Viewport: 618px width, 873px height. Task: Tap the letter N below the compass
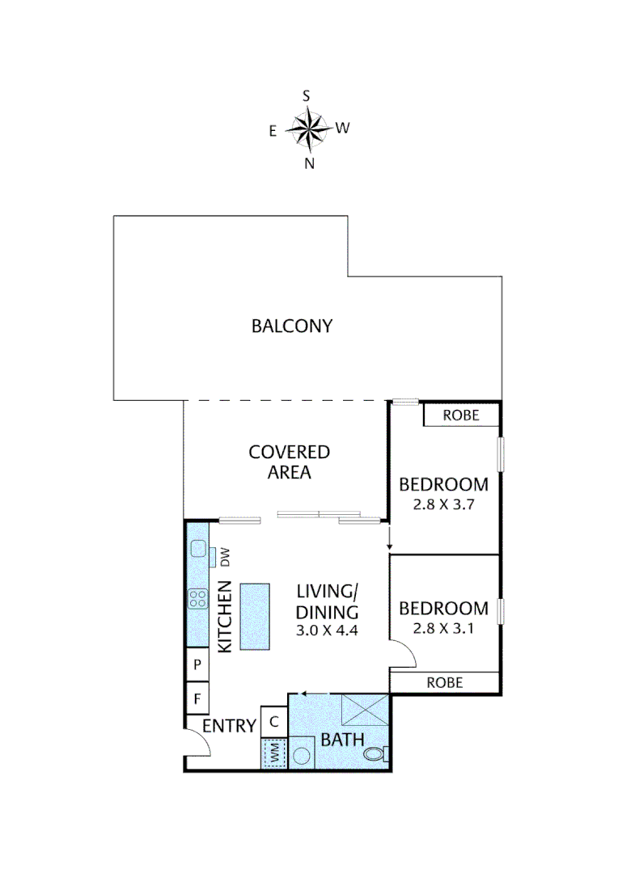click(308, 163)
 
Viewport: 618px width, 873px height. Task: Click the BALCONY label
click(292, 327)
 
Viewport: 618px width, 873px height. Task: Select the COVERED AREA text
click(289, 462)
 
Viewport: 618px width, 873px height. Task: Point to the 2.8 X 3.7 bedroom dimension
click(443, 503)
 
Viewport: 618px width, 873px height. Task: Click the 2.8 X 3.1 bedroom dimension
click(443, 626)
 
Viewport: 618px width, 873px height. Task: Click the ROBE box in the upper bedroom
click(461, 415)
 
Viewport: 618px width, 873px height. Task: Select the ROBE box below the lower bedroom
click(445, 682)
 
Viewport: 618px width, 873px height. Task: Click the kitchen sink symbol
click(198, 550)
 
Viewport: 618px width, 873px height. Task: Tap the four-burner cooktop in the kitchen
click(197, 599)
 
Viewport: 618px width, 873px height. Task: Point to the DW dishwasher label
click(226, 557)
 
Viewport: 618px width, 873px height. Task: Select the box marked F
click(197, 697)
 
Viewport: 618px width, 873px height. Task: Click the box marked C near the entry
click(273, 721)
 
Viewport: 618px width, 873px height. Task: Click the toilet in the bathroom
click(375, 755)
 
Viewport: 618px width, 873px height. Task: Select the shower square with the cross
click(363, 709)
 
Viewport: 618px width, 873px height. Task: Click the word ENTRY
click(229, 726)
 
